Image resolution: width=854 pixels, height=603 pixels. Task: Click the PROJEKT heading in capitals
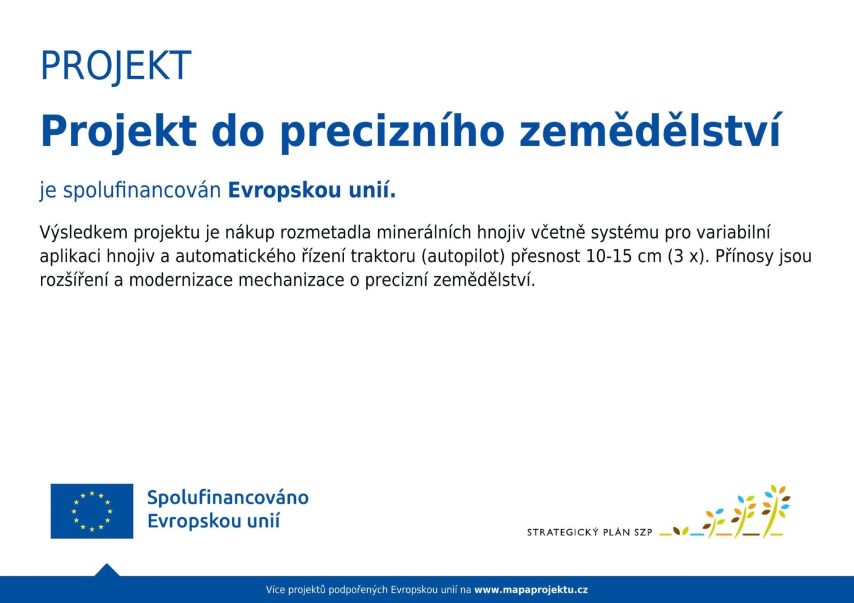pos(116,66)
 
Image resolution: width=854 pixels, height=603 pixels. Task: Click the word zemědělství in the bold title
pos(650,130)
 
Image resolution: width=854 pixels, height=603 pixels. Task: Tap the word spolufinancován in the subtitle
pos(142,191)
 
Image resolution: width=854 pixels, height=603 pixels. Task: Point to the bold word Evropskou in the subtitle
pos(284,191)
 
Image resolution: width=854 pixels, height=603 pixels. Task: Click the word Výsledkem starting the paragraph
pos(84,232)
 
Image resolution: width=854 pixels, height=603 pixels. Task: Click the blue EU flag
pos(92,511)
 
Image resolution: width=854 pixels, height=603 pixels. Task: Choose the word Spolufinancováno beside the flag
pos(228,498)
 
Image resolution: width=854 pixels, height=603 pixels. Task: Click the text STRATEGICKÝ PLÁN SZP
pos(589,532)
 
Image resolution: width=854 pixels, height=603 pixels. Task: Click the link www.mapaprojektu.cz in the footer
pos(531,590)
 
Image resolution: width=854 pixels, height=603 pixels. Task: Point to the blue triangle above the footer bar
pos(107,570)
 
